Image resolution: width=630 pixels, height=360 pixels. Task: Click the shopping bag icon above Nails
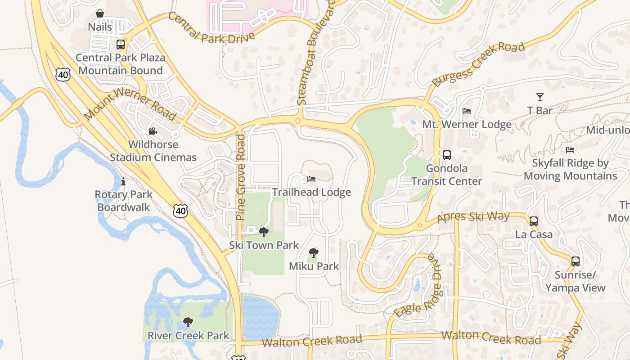[100, 14]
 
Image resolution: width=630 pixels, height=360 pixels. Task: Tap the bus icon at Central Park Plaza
[120, 45]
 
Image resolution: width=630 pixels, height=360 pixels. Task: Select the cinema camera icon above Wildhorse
[153, 131]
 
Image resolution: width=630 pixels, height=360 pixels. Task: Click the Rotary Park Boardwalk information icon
[123, 181]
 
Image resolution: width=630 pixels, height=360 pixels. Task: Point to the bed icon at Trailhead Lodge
[311, 179]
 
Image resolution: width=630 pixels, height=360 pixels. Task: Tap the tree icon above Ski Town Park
[264, 232]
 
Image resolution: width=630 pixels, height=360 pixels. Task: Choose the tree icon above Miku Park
[314, 253]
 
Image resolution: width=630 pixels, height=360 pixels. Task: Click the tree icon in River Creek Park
[188, 322]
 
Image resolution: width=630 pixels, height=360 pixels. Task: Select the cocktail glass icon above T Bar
[540, 97]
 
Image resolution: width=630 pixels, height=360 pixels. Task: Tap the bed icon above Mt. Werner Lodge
[467, 111]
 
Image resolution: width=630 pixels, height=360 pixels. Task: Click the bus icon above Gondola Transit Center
[446, 155]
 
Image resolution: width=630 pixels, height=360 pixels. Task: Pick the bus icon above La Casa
[533, 221]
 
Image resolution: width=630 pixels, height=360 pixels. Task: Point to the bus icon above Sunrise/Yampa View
[575, 261]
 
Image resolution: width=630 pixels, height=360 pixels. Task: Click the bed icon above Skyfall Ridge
[570, 150]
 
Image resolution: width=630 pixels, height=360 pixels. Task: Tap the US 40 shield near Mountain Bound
[63, 75]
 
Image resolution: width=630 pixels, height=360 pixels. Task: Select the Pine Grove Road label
[241, 177]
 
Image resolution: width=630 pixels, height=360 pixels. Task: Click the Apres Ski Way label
[473, 218]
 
